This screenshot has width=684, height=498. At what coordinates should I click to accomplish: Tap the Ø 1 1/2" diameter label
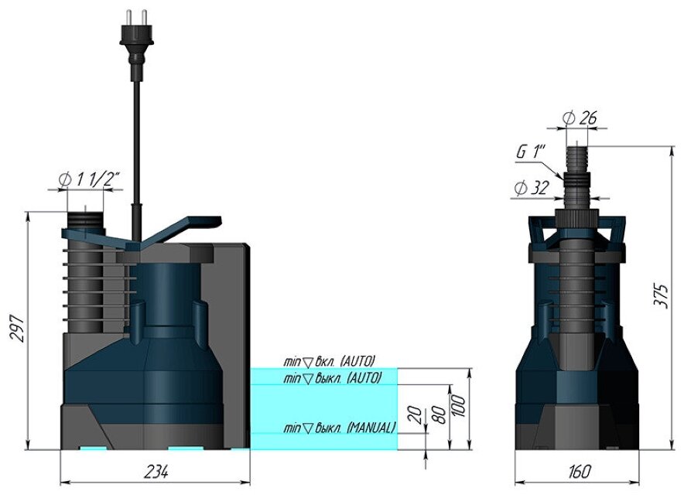click(90, 179)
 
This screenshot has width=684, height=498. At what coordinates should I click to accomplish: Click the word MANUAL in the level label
click(371, 427)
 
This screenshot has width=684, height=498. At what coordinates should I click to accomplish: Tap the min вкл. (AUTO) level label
click(328, 361)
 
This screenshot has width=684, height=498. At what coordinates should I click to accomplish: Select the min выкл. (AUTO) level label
click(333, 378)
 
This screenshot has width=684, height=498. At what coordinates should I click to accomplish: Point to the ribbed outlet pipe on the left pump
click(82, 271)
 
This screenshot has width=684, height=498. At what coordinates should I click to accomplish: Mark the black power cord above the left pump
click(136, 139)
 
